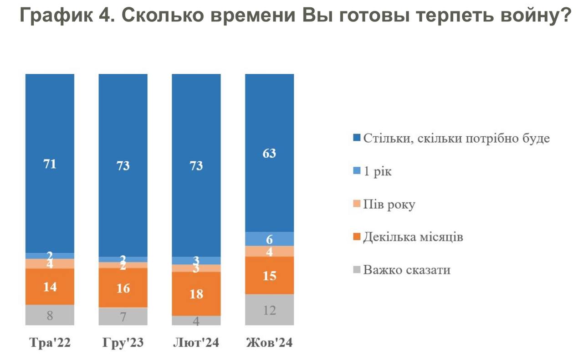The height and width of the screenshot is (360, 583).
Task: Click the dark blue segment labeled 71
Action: pos(50,163)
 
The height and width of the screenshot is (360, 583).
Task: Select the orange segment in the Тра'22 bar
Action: pos(50,287)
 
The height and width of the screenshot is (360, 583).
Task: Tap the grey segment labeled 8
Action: pos(50,315)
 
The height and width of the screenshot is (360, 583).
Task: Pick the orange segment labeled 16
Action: pos(123,288)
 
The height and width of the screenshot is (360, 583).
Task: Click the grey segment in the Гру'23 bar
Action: pos(123,316)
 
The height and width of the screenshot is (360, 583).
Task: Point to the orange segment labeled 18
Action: pos(196,293)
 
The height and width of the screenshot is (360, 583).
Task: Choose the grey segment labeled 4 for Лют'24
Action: pos(196,320)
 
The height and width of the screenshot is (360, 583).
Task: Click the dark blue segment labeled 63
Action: pos(269,153)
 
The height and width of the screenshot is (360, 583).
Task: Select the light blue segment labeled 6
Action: pos(269,239)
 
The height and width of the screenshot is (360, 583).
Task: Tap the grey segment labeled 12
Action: pos(269,309)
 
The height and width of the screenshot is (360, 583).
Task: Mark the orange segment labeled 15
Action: pos(269,275)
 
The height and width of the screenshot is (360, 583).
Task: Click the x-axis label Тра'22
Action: pos(50,343)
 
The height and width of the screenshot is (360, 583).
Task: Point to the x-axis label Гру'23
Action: pos(123,343)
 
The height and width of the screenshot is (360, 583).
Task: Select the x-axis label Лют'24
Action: pos(196,343)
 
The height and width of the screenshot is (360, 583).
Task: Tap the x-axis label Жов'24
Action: pos(269,343)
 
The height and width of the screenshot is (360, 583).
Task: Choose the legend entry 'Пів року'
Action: pos(389,205)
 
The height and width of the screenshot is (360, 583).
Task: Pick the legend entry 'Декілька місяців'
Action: pos(413,237)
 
